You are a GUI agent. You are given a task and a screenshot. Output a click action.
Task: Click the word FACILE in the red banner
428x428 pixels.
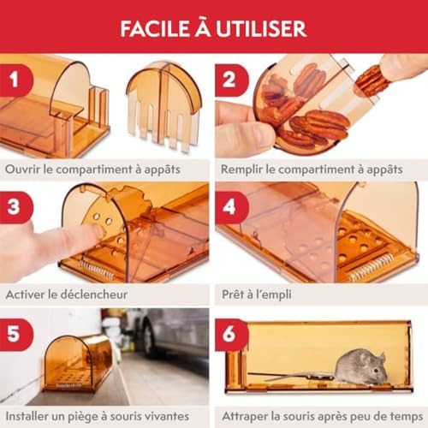(x=155, y=28)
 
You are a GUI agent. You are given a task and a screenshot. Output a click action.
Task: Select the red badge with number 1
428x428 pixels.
(x=15, y=80)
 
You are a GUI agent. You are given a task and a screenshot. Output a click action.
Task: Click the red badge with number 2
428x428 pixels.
(x=231, y=80)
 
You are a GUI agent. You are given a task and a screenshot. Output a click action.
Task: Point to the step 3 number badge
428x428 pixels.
(x=15, y=207)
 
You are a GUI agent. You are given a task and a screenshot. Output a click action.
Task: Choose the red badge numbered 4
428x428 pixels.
(x=231, y=207)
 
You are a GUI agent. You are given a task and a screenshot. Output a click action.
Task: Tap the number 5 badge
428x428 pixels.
(x=15, y=335)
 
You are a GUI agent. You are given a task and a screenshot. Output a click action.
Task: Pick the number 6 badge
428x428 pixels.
(x=231, y=335)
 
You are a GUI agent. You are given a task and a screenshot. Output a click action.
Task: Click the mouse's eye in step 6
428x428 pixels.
(x=377, y=370)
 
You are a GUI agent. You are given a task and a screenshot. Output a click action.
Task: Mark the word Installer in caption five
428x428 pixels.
(x=27, y=416)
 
